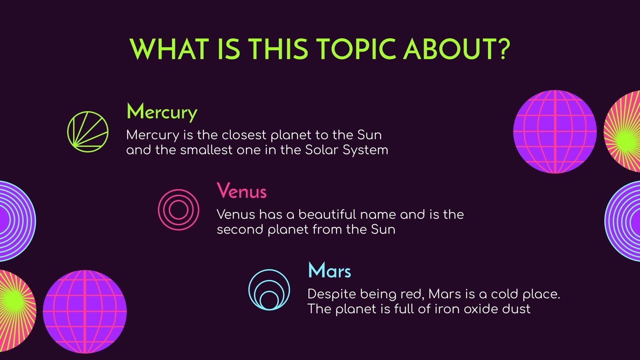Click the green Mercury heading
162,112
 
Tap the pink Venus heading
241,191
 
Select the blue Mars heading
329,271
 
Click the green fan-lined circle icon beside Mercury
88,132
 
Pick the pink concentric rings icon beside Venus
178,210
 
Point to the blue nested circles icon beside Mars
269,290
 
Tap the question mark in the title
503,50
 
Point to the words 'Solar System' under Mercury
346,150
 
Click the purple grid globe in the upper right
555,132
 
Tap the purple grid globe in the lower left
85,312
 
